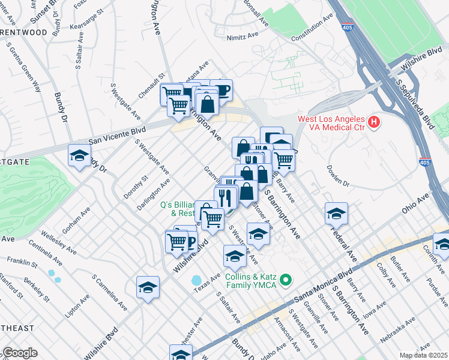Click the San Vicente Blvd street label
tap(117, 135)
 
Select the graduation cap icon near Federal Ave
tap(337, 214)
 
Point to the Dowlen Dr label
tap(338, 175)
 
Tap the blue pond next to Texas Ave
tap(197, 280)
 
